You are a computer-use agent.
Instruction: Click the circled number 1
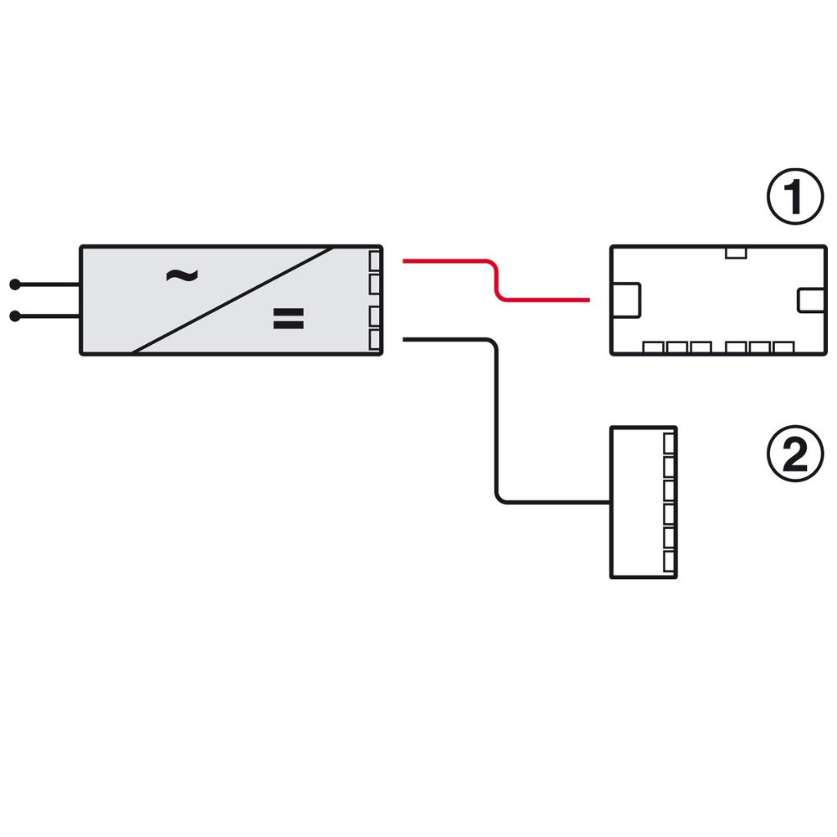tap(795, 197)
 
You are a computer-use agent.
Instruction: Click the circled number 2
tap(795, 454)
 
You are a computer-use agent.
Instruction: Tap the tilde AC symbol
tap(182, 275)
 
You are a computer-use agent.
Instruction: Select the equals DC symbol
tap(288, 318)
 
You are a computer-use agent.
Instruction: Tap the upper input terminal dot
tap(15, 285)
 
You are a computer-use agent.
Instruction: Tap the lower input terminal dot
tap(15, 316)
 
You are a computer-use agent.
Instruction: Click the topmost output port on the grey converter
tap(375, 261)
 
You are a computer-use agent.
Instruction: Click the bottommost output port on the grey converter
tap(375, 340)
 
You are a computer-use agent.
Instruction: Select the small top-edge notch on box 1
tap(736, 253)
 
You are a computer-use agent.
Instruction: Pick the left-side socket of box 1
tap(625, 300)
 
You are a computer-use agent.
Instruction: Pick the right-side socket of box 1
tap(811, 300)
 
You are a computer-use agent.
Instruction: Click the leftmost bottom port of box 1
tap(653, 348)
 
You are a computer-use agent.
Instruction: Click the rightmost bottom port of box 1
tap(783, 348)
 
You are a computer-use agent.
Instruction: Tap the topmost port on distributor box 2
tap(670, 443)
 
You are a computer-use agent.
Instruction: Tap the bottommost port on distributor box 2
tap(670, 562)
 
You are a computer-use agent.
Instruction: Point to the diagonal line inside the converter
tap(233, 300)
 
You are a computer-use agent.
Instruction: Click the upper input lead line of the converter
tap(48, 285)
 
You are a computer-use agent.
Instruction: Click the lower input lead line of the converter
tap(48, 316)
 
